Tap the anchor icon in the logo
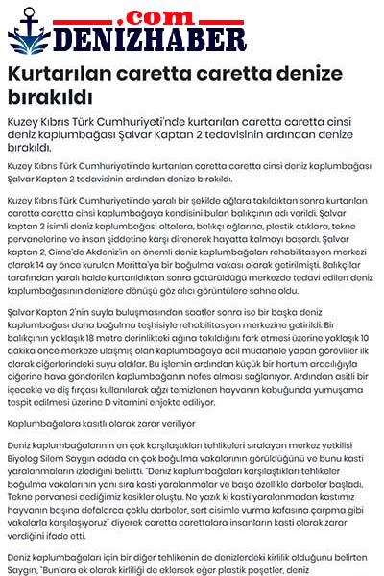[x=29, y=37]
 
